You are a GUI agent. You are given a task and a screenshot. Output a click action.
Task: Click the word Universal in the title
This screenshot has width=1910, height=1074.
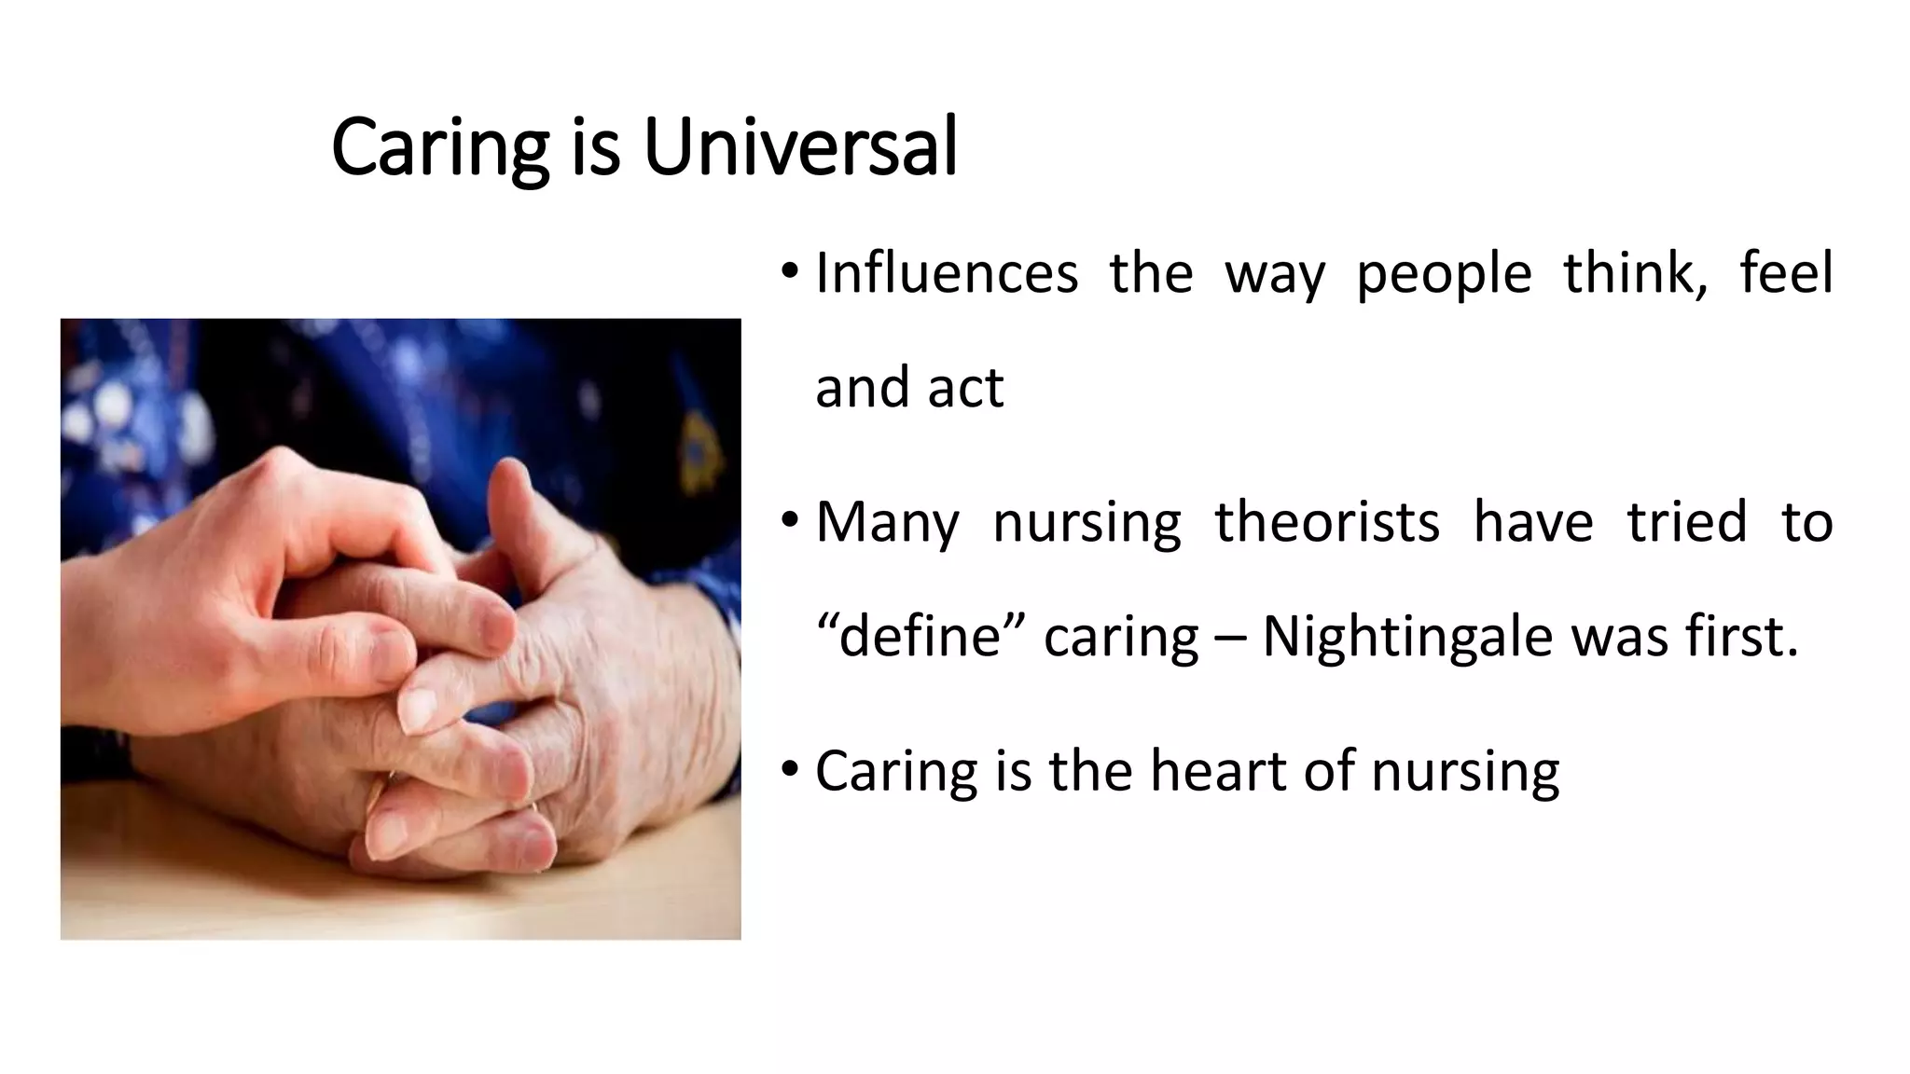800,147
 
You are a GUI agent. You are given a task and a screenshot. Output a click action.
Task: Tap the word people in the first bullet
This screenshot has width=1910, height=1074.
1443,275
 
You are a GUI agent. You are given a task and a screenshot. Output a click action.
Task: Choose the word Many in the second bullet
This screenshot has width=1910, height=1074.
886,523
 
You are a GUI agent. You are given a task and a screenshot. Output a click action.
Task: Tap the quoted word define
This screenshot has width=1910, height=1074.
920,637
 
